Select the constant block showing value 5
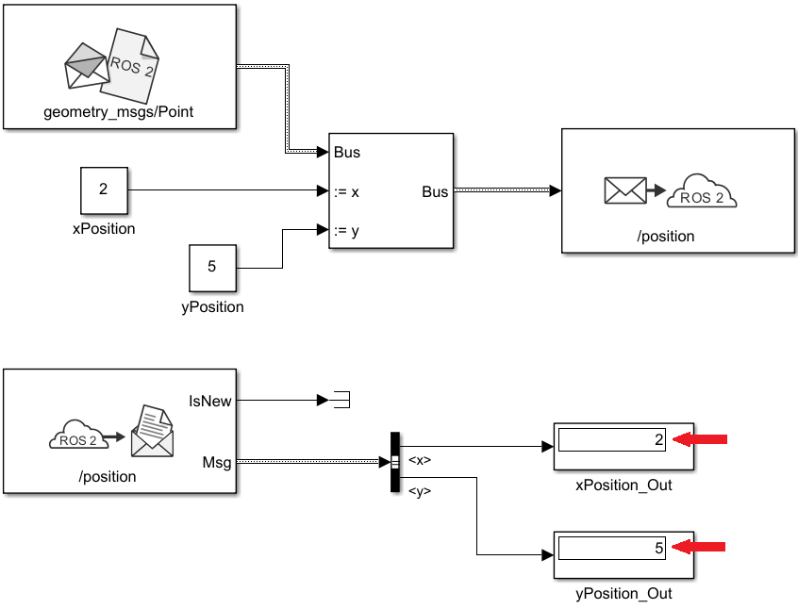click(x=211, y=268)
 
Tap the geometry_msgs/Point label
click(x=119, y=113)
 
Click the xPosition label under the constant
click(x=104, y=229)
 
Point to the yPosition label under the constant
click(x=211, y=306)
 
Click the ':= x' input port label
click(x=346, y=191)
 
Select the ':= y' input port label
click(x=346, y=230)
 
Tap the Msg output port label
click(x=218, y=462)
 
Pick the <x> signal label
click(x=420, y=460)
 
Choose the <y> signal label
click(x=420, y=490)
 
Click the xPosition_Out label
click(x=623, y=486)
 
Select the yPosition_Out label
click(x=623, y=593)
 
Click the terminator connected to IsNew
click(x=340, y=401)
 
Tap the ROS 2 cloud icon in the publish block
click(x=701, y=192)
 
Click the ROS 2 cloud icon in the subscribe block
click(x=75, y=436)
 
